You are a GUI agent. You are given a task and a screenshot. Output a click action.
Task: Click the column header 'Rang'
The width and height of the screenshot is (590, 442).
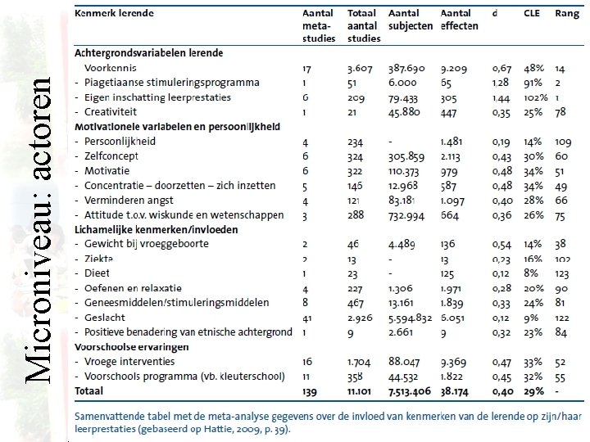(566, 13)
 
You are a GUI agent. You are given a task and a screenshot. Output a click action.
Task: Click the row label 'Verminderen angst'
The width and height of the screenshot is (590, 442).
(127, 201)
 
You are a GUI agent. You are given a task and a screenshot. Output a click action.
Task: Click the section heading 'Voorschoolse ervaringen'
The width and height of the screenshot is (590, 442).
(131, 346)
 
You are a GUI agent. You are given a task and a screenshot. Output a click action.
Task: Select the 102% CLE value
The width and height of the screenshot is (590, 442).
(533, 97)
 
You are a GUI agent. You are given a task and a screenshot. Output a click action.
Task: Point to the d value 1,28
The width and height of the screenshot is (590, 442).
(500, 83)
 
